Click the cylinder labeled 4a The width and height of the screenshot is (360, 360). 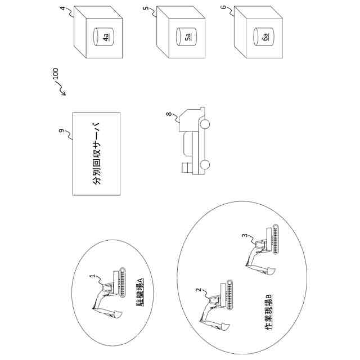coord(103,37)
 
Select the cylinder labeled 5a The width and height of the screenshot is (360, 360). coord(186,37)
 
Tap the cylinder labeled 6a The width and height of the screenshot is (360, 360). coord(264,37)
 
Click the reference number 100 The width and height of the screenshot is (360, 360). coord(56,74)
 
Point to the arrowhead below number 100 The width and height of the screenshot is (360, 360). coord(64,93)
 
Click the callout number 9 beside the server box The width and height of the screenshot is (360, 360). coord(61,130)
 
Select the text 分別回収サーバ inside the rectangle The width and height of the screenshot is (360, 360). coord(97,154)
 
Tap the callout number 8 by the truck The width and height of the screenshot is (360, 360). coord(169,114)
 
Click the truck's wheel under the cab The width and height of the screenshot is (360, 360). coord(205,124)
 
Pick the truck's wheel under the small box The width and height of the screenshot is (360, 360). coord(205,165)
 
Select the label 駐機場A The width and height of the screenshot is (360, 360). coord(141,292)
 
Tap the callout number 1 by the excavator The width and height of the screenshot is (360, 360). coord(92,276)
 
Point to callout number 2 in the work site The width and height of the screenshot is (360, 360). coord(198,290)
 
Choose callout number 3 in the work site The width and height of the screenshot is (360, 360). coord(245,236)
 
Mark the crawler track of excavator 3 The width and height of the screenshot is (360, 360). coord(275,240)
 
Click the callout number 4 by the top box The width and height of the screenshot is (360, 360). coord(62,8)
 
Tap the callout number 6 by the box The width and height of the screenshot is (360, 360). coord(224,7)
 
